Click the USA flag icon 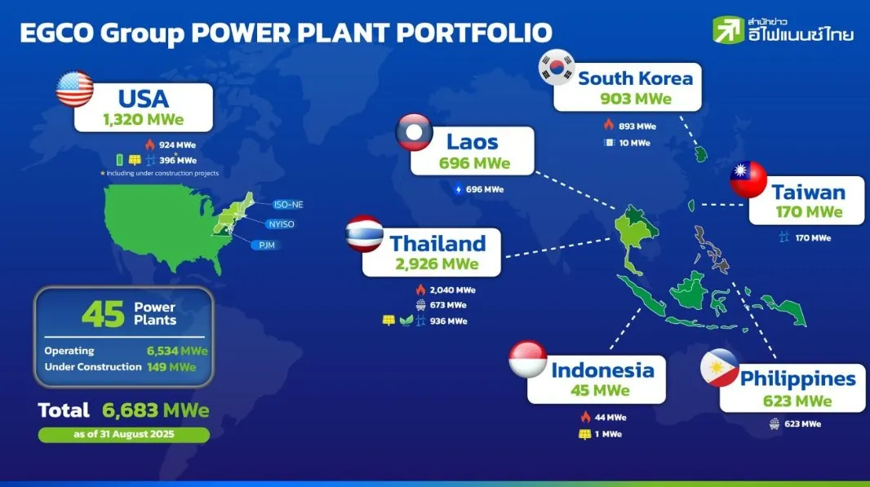(x=74, y=89)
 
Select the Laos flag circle (x=414, y=133)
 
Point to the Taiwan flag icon (x=748, y=179)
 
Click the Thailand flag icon (x=364, y=233)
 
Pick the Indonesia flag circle (x=528, y=360)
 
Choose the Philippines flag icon (x=720, y=368)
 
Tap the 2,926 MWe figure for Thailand (x=438, y=263)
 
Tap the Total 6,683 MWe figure (x=156, y=410)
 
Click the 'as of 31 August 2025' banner (x=124, y=434)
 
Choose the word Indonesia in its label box (x=602, y=370)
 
